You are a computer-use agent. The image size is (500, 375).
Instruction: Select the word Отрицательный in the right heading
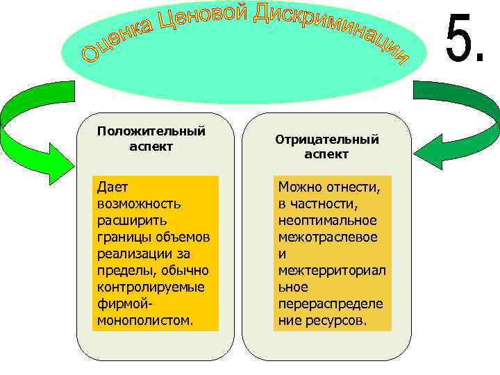(327, 140)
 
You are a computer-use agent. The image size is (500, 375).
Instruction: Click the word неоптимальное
(327, 220)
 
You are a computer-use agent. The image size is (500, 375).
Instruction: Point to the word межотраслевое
(328, 237)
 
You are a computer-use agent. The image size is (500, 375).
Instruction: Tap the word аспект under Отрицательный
(326, 154)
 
